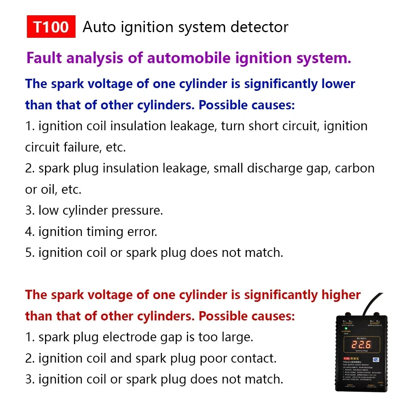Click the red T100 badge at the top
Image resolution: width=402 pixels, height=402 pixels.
[51, 27]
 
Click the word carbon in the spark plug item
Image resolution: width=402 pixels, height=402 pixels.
[355, 168]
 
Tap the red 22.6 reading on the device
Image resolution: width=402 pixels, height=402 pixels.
[361, 345]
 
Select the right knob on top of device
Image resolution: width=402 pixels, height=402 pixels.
[376, 314]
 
